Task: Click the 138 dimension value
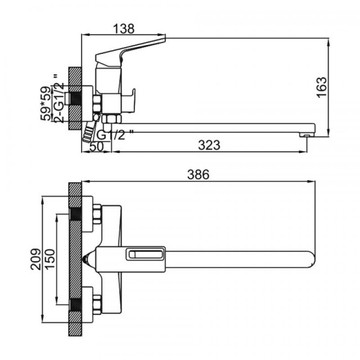tap(124, 29)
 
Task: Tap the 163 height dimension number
tap(322, 87)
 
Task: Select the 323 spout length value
tap(209, 145)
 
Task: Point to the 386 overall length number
tap(199, 175)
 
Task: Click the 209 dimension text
tap(35, 259)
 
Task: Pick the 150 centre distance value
tap(50, 259)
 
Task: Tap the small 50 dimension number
tap(97, 147)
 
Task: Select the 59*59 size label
tap(46, 104)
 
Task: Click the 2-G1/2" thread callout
tap(59, 99)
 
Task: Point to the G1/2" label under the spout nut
tap(115, 135)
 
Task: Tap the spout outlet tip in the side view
tap(307, 136)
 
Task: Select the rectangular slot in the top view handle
tap(146, 254)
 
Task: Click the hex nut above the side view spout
tap(112, 119)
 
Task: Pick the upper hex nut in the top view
tap(97, 214)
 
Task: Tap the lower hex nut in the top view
tap(97, 305)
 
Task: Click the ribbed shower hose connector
tap(89, 132)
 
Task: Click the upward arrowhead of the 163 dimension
tap(329, 43)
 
